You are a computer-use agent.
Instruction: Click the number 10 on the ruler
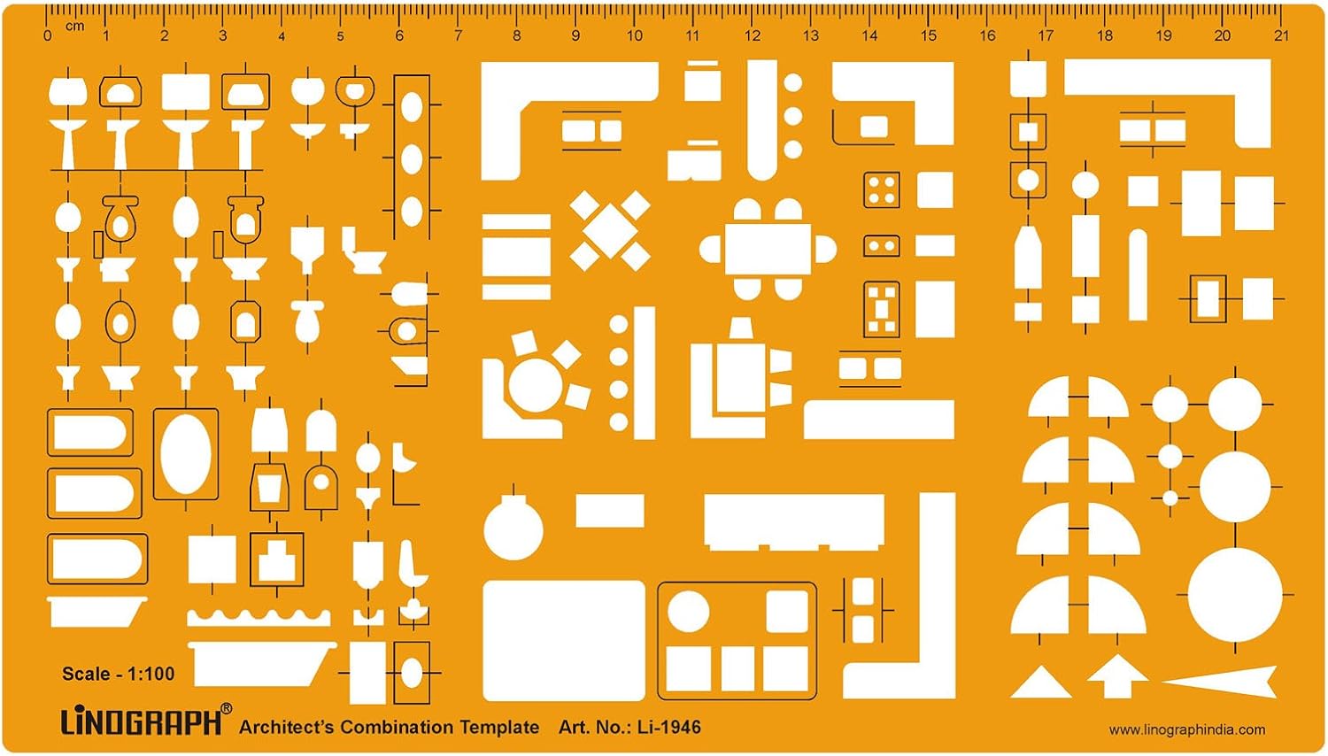point(634,35)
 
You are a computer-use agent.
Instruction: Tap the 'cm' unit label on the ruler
point(74,26)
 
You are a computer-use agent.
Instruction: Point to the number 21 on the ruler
point(1281,35)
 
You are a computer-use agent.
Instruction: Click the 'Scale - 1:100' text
point(119,675)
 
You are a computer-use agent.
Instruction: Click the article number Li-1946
point(669,727)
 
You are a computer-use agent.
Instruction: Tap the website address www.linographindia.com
point(1187,730)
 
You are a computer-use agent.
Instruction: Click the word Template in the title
point(500,727)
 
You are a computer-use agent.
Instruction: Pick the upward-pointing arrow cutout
point(1117,677)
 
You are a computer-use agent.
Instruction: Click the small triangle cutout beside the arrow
point(1041,684)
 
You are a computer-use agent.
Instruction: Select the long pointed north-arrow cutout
point(1219,683)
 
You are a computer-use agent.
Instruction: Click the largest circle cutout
point(1235,595)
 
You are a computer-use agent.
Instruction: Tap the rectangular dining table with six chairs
point(768,249)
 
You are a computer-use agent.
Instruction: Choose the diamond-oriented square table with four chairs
point(610,231)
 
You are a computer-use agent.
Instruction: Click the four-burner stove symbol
point(882,189)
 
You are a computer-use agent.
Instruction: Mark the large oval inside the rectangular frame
point(186,454)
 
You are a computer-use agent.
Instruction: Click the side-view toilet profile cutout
point(362,251)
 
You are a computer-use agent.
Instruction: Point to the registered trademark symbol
point(226,708)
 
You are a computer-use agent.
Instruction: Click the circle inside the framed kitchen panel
point(688,612)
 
